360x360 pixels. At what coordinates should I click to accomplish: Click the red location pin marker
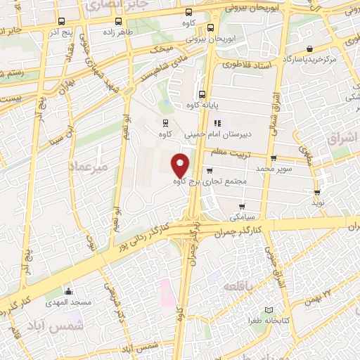click(181, 165)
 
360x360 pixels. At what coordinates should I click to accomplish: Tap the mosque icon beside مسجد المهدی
click(68, 291)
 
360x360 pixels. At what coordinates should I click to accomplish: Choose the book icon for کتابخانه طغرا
click(269, 310)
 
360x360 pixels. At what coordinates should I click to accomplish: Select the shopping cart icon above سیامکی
click(242, 207)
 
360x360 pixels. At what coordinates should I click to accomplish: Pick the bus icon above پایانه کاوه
click(202, 94)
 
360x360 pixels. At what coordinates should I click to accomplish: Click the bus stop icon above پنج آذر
click(63, 21)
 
